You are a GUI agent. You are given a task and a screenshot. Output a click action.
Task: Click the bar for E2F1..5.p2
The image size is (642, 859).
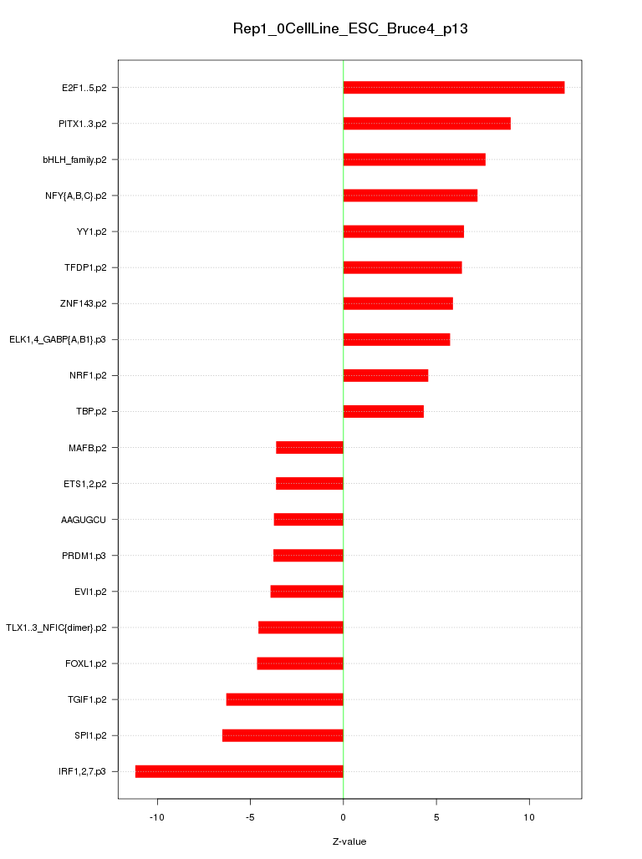coord(454,88)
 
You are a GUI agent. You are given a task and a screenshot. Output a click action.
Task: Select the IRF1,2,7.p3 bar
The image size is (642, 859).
coord(239,771)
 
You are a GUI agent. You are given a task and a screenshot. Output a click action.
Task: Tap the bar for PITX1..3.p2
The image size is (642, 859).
coord(426,124)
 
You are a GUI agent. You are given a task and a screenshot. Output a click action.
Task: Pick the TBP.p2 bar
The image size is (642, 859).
coord(383,411)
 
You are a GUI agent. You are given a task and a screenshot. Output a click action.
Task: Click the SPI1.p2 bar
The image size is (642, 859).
coord(283,735)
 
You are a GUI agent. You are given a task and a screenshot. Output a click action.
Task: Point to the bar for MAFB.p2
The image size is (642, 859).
coord(309,448)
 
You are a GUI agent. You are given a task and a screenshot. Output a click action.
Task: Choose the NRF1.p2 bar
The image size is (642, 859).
coord(385,375)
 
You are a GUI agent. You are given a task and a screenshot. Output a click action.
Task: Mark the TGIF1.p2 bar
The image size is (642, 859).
coord(284,699)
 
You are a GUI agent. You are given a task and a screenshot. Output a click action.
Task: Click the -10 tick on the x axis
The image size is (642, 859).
coord(156,816)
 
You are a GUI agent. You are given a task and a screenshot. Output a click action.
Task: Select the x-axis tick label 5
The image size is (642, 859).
coord(436,816)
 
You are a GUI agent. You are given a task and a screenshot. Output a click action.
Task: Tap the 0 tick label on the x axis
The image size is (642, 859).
coord(343,816)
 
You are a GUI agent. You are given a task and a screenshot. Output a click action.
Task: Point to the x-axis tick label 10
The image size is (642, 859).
coord(529,816)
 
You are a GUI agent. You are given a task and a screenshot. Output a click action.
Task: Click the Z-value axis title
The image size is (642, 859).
coord(349,841)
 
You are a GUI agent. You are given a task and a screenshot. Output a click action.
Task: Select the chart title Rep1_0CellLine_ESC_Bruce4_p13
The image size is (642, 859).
coord(349,28)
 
